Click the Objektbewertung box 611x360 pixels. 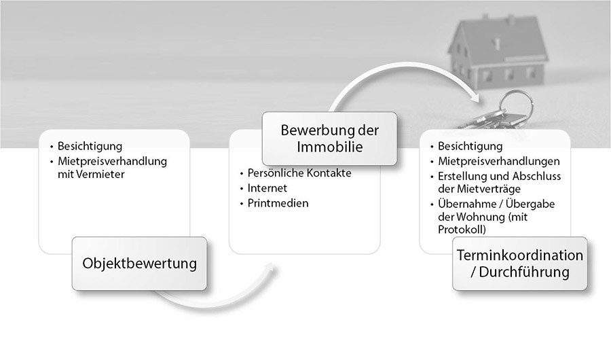[139, 263]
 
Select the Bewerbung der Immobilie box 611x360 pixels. [329, 139]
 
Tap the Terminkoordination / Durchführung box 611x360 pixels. [519, 264]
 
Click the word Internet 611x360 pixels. [267, 188]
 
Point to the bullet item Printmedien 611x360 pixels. [278, 203]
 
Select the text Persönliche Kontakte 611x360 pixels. [299, 173]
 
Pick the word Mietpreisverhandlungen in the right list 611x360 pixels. [498, 162]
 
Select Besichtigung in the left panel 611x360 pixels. [90, 146]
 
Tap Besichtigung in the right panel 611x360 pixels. [470, 146]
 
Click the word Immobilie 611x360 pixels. [329, 147]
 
